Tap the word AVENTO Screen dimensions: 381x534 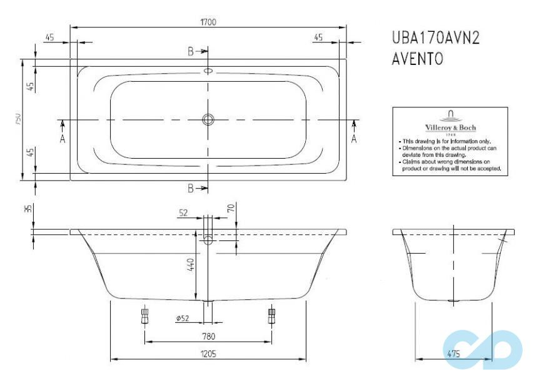coord(417,59)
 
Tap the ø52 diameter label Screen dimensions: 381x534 coord(183,319)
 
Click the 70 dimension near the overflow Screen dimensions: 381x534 coord(231,208)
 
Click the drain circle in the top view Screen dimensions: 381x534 coord(208,119)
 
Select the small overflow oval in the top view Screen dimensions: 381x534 coord(208,71)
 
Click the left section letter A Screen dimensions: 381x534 coord(63,139)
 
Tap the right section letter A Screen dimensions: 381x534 coord(354,139)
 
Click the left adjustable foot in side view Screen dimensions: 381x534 coord(144,314)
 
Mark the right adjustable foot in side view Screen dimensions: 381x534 coord(271,314)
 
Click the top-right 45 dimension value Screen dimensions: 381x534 coord(318,37)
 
